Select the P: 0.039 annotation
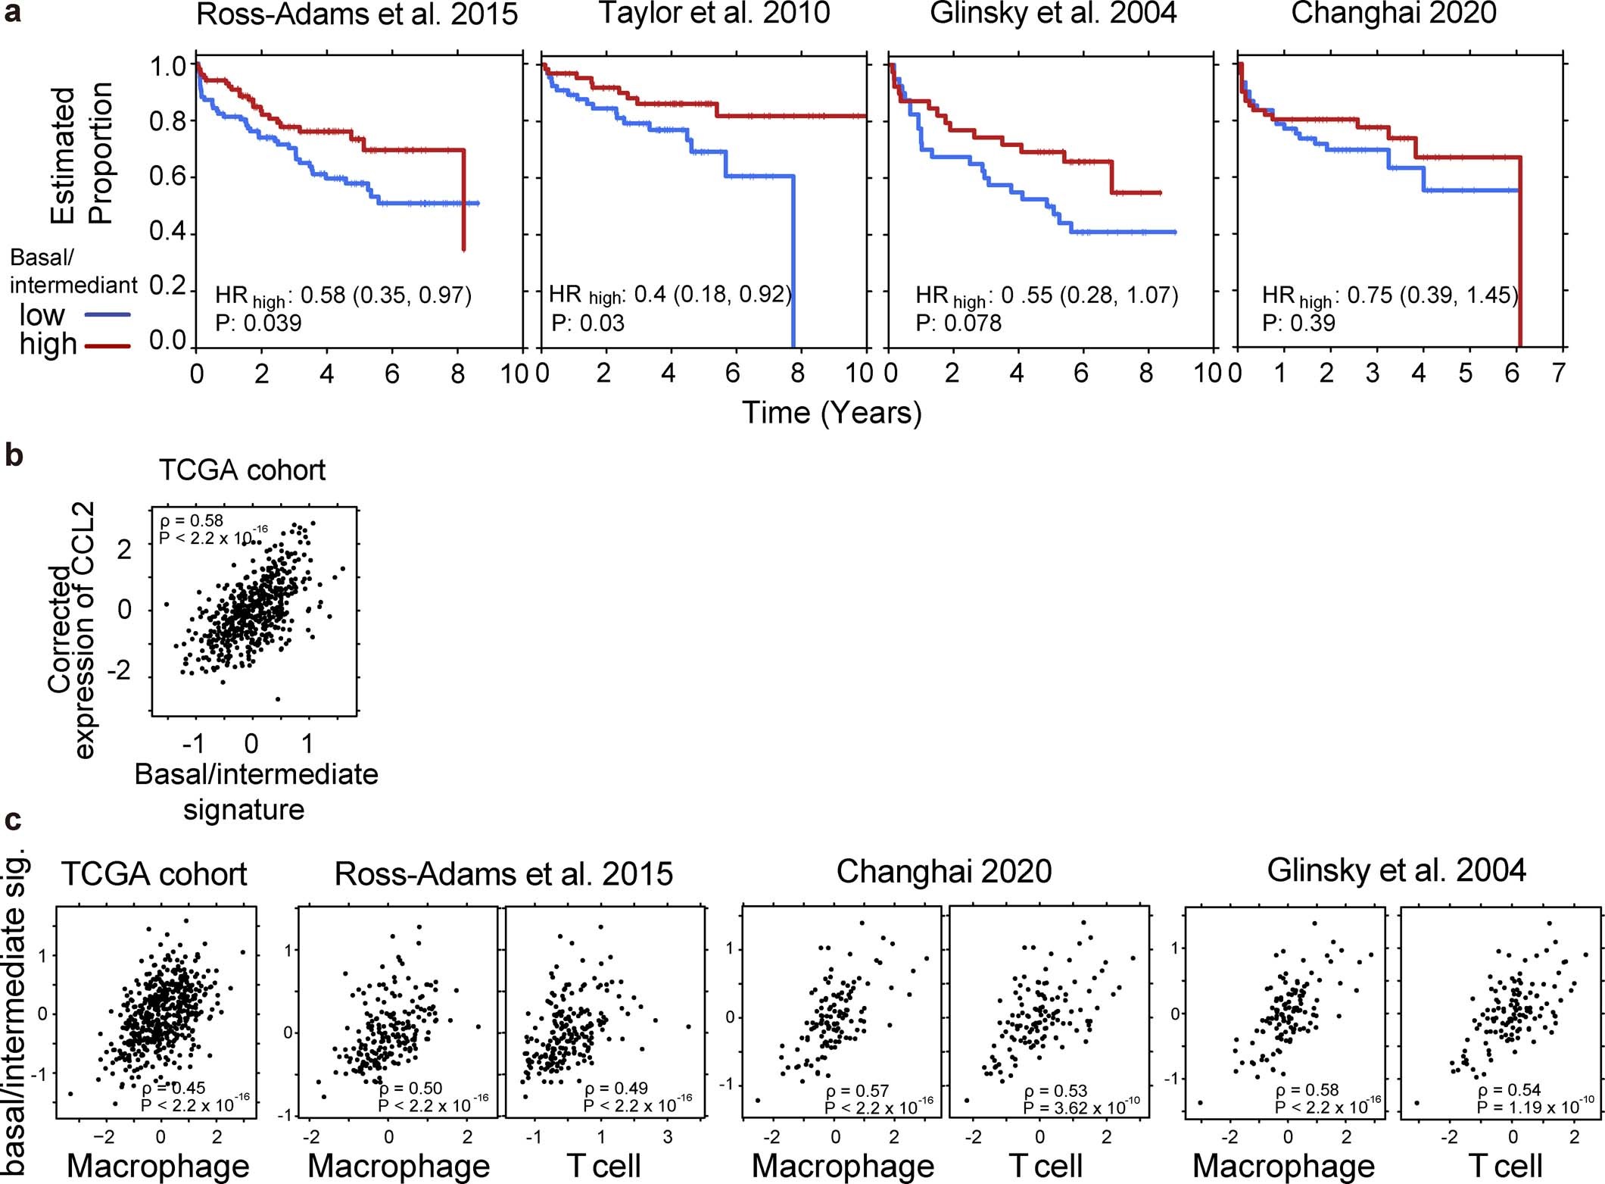click(258, 323)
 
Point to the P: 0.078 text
click(958, 323)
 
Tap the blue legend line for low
click(108, 314)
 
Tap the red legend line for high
click(108, 346)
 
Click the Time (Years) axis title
click(831, 413)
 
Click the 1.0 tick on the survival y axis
click(167, 67)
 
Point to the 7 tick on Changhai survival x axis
click(1557, 373)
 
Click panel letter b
click(14, 456)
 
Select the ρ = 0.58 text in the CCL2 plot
click(192, 520)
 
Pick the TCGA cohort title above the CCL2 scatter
click(242, 470)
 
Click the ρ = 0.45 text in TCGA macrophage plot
click(173, 1089)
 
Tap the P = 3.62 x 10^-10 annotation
click(1081, 1107)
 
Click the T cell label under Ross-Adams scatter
click(603, 1165)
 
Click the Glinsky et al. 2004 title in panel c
click(1396, 870)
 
